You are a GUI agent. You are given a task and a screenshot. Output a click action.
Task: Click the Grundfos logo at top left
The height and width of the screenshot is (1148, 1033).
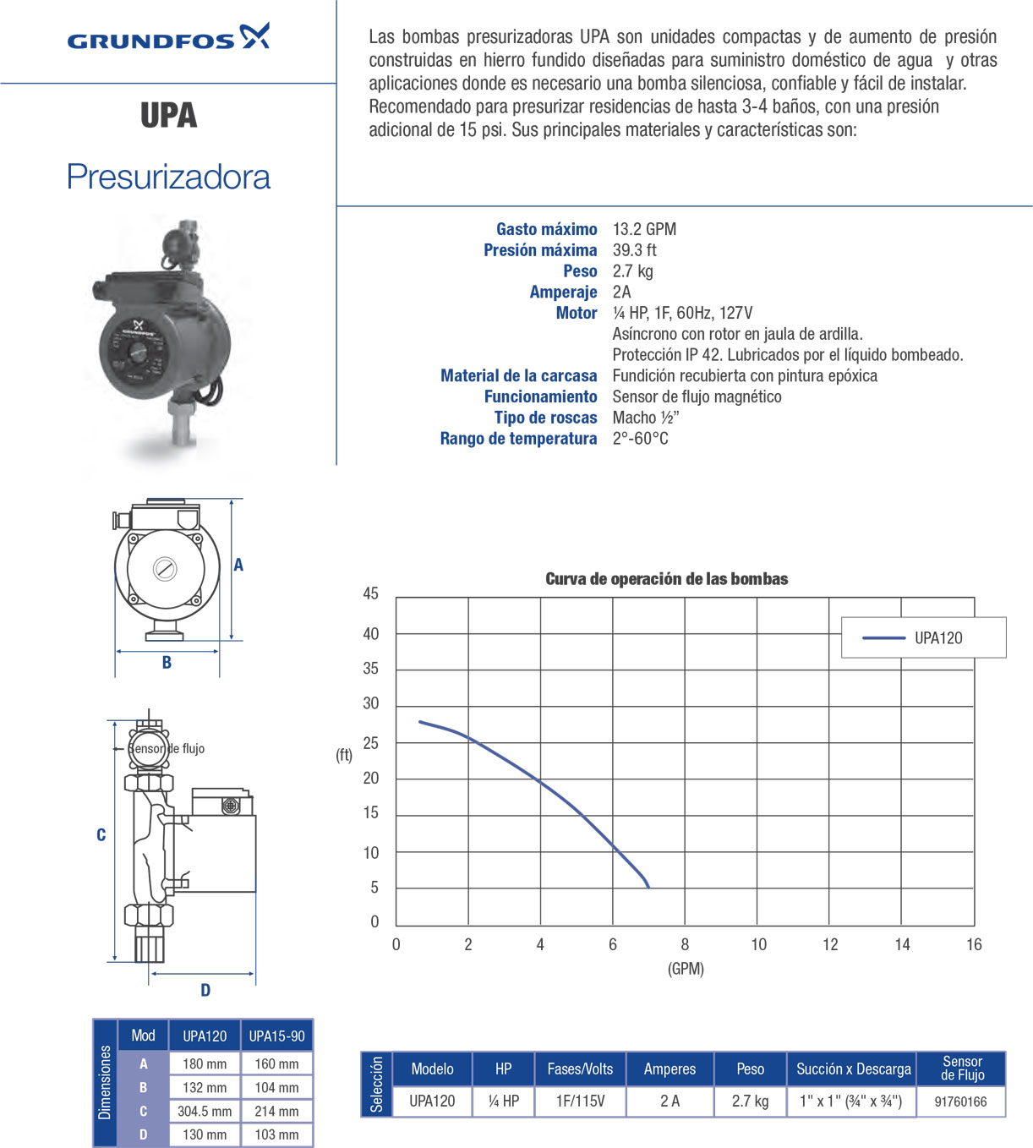pyautogui.click(x=168, y=38)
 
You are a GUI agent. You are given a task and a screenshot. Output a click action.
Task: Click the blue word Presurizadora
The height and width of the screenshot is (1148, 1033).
pyautogui.click(x=168, y=177)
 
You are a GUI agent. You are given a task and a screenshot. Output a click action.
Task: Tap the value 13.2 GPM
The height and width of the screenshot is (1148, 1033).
pyautogui.click(x=644, y=229)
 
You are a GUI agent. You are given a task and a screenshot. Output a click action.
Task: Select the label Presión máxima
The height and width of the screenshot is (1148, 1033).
pyautogui.click(x=540, y=250)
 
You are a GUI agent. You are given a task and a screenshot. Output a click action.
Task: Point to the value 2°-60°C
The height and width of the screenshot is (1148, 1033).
pyautogui.click(x=640, y=439)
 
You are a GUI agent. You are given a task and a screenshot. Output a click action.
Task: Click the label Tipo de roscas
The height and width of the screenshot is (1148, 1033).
pyautogui.click(x=545, y=418)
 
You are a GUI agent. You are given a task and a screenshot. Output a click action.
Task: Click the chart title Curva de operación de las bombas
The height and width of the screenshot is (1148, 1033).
pyautogui.click(x=666, y=579)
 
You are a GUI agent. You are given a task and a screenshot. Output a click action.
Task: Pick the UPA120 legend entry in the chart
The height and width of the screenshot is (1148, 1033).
pyautogui.click(x=923, y=638)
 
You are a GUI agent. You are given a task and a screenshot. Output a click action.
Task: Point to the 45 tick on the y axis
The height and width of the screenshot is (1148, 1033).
pyautogui.click(x=370, y=593)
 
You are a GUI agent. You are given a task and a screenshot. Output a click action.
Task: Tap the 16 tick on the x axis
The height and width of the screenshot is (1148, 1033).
pyautogui.click(x=974, y=944)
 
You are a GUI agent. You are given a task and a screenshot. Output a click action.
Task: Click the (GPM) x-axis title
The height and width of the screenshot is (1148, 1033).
pyautogui.click(x=686, y=969)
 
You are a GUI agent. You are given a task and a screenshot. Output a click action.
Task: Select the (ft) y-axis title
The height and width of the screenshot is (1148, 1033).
pyautogui.click(x=344, y=755)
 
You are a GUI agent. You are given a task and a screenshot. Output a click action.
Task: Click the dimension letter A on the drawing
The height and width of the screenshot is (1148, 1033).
pyautogui.click(x=238, y=565)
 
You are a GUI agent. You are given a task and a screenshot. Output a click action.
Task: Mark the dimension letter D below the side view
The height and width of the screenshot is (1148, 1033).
pyautogui.click(x=205, y=990)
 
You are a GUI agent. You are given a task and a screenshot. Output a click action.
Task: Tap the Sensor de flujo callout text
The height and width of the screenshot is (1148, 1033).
pyautogui.click(x=167, y=749)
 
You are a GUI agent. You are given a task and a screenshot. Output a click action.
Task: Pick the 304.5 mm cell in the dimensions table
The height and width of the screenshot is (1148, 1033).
pyautogui.click(x=205, y=1111)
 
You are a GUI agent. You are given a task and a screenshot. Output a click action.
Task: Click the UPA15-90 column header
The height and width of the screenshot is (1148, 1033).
pyautogui.click(x=276, y=1036)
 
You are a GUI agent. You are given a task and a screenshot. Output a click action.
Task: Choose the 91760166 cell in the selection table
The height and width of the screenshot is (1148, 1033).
pyautogui.click(x=960, y=1102)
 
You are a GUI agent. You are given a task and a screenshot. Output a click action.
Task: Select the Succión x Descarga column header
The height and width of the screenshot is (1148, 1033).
pyautogui.click(x=853, y=1069)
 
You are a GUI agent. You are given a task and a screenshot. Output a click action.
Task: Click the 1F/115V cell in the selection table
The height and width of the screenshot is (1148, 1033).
pyautogui.click(x=580, y=1102)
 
